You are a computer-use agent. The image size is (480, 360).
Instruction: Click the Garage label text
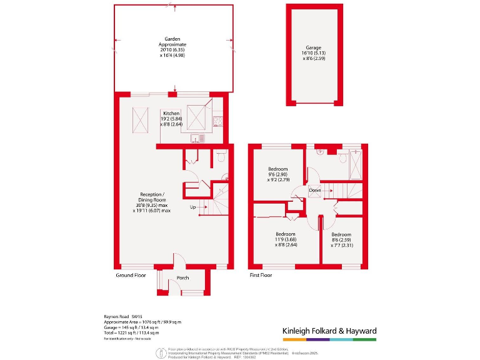(313, 47)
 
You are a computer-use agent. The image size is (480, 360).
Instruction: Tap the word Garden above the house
(172, 39)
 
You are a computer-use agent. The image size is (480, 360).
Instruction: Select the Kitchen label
(172, 113)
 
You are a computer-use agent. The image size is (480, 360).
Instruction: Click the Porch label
(182, 278)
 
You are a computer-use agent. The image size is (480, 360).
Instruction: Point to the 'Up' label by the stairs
(194, 206)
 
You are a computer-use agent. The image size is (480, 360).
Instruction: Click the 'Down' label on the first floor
(315, 190)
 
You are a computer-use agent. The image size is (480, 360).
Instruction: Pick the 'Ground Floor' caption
(131, 275)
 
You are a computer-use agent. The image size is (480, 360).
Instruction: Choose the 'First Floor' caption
(262, 275)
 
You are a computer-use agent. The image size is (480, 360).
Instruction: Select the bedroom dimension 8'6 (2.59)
(341, 240)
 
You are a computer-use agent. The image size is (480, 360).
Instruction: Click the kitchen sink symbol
(195, 138)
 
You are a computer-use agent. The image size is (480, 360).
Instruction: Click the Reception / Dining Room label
(152, 200)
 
